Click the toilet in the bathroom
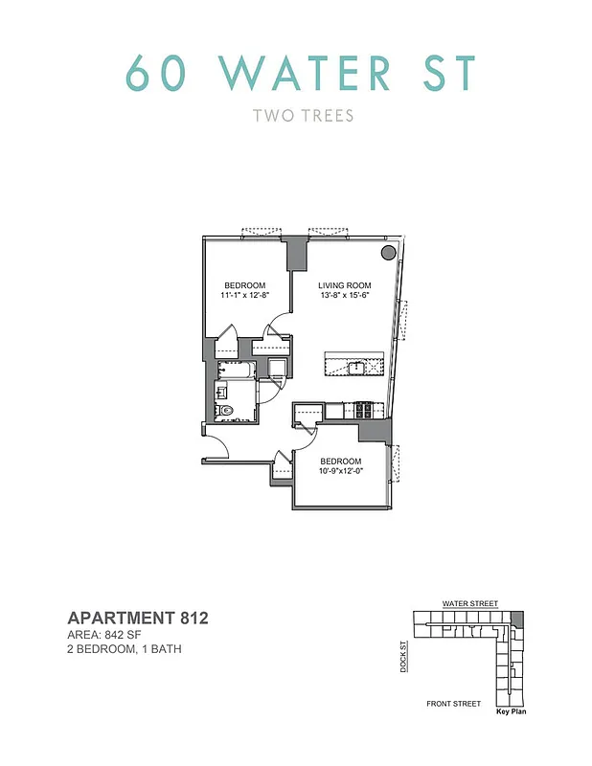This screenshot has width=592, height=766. point(226,412)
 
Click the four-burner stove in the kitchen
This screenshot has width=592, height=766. point(364,410)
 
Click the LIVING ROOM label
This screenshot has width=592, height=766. point(345,285)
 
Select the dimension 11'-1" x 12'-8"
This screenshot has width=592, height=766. point(245,296)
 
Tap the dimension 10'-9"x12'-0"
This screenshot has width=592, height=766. point(341,470)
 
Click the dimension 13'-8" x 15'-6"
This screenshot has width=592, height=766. point(345,296)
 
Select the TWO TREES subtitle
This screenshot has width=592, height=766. point(303,116)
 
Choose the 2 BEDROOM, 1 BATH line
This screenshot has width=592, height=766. point(123,649)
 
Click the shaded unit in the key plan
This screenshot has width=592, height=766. point(518,618)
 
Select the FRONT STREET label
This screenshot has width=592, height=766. point(453,704)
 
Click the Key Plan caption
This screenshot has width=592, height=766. point(512,711)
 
